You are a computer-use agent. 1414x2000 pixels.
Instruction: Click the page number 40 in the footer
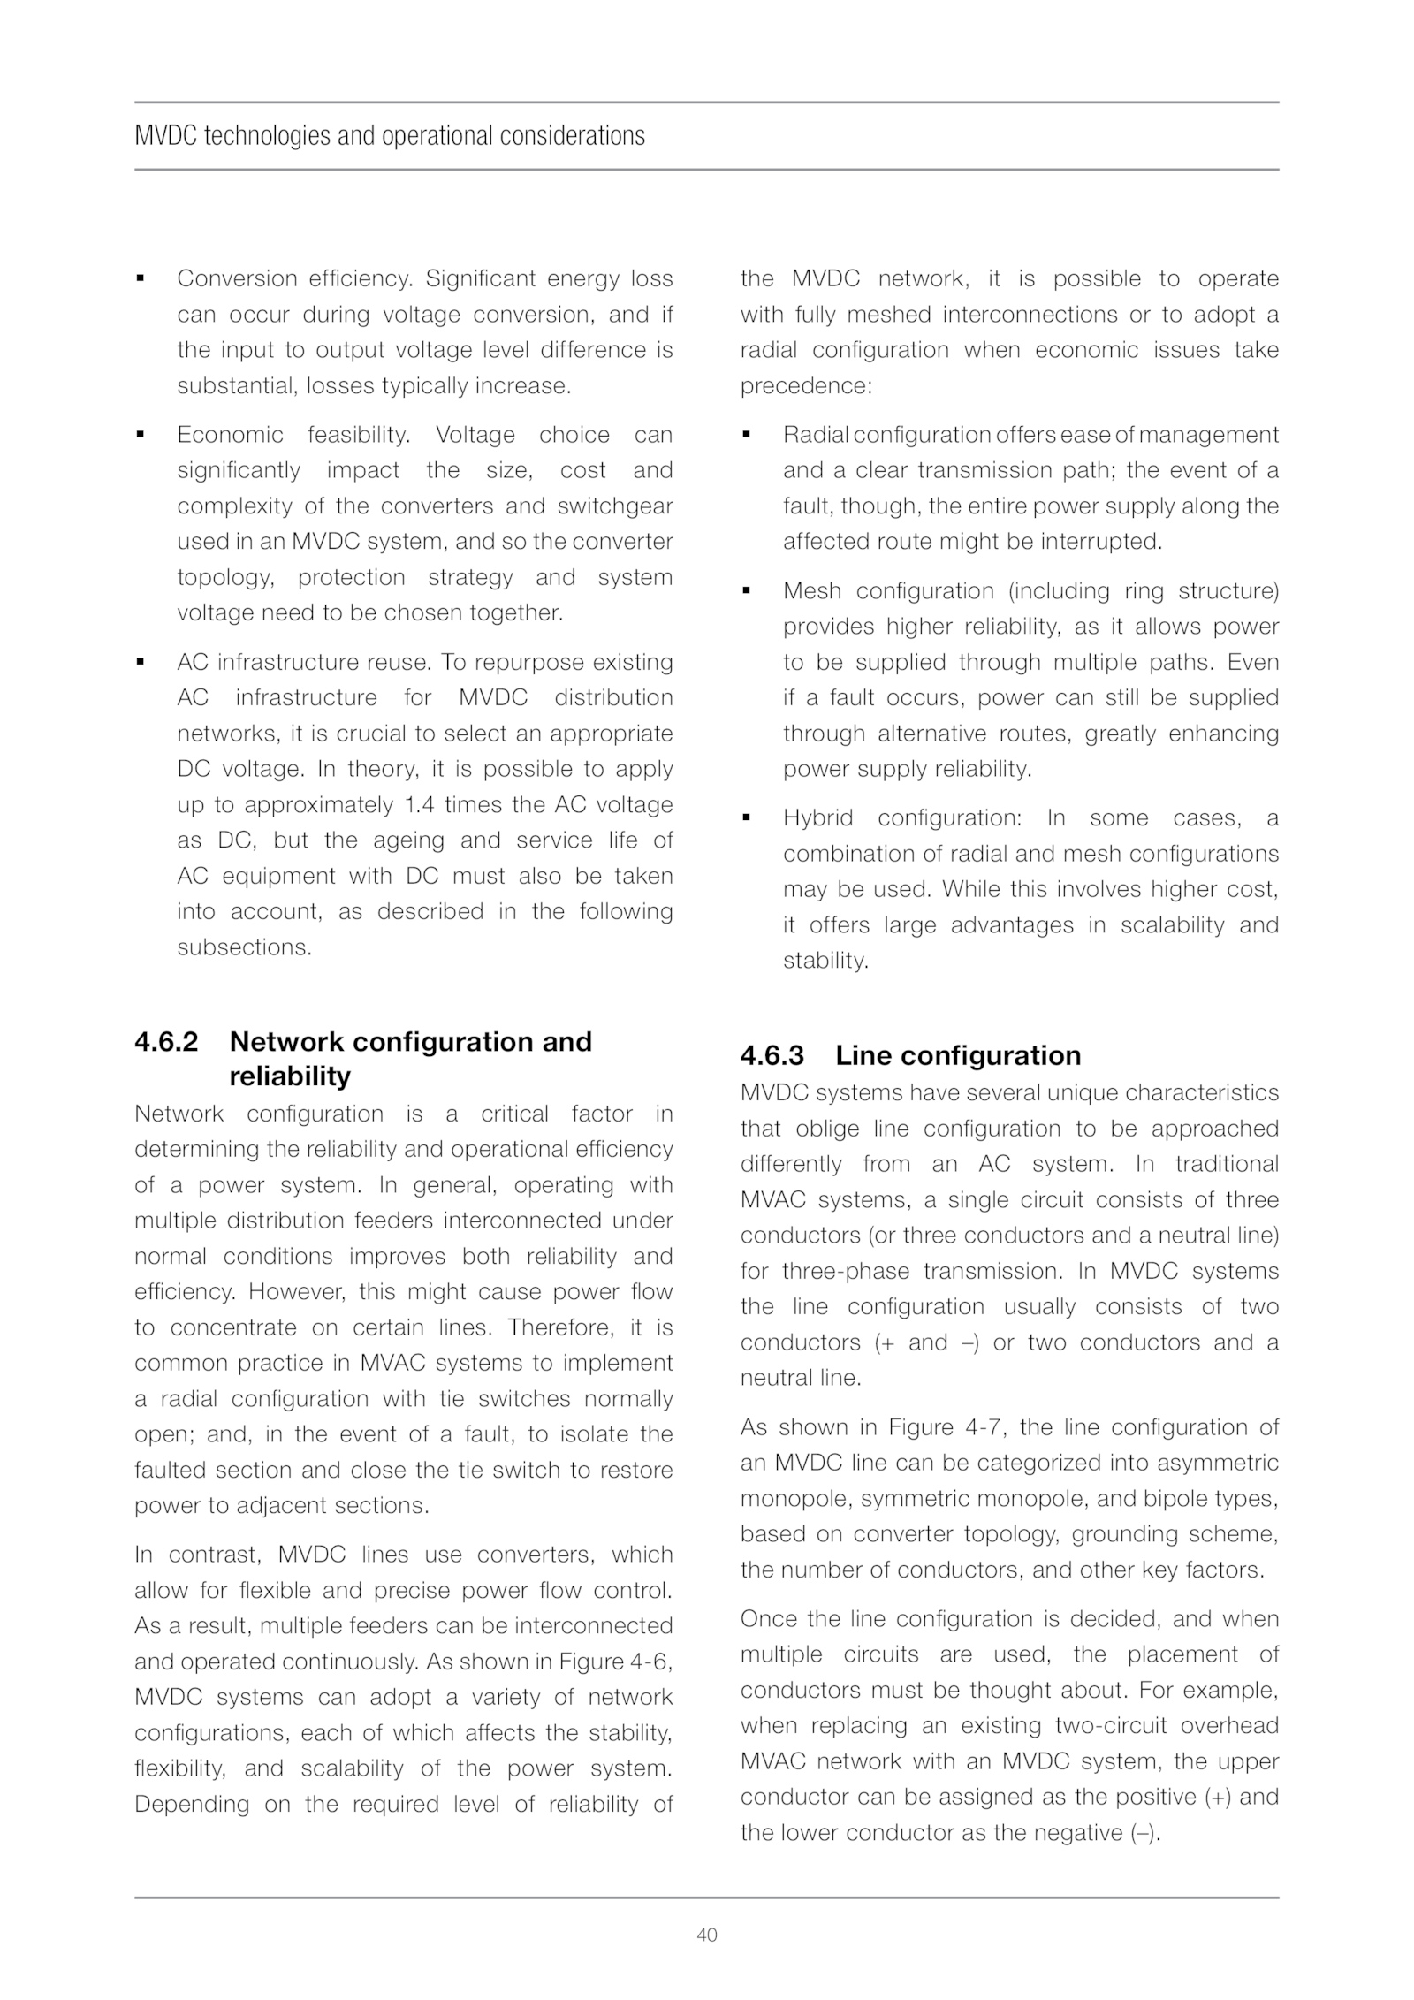[x=707, y=1935]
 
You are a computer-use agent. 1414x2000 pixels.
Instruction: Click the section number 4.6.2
[x=166, y=1041]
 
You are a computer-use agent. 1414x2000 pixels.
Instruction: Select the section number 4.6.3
[x=772, y=1055]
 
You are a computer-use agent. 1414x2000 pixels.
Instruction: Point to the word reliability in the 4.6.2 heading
[x=289, y=1076]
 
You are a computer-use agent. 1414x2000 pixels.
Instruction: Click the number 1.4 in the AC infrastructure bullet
[x=419, y=804]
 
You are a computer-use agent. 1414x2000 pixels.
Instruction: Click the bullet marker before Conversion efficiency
[x=140, y=278]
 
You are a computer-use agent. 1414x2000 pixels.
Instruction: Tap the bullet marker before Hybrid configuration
[x=747, y=817]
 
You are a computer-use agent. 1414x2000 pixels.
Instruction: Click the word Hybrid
[x=817, y=817]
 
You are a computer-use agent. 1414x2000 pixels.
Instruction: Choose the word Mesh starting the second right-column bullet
[x=810, y=590]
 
